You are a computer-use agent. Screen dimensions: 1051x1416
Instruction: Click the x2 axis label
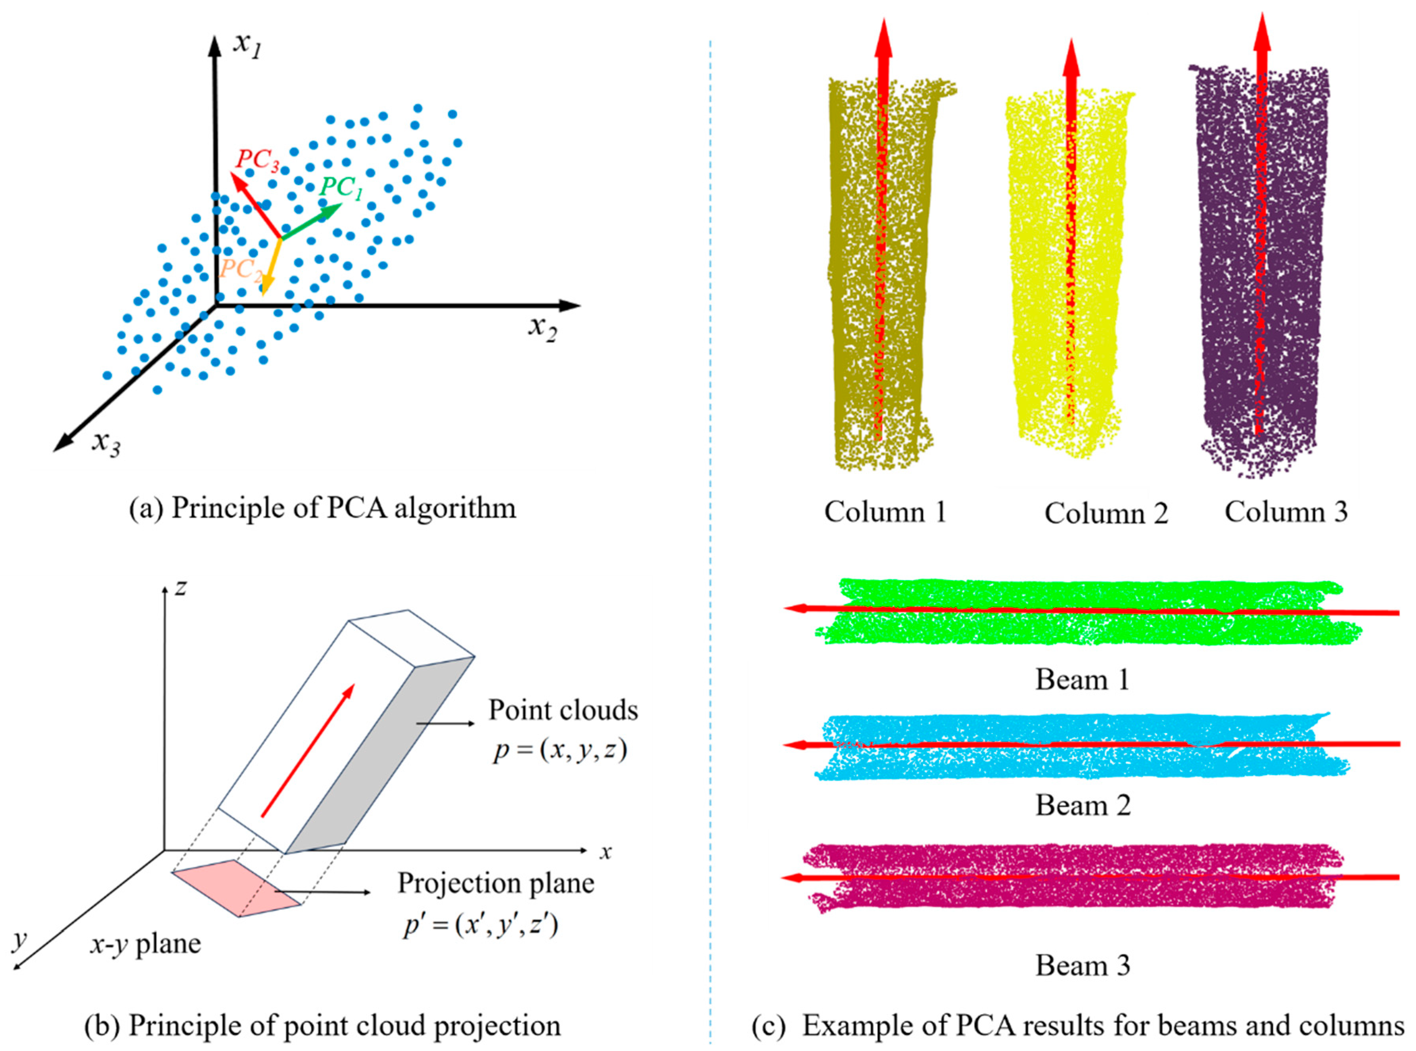point(542,328)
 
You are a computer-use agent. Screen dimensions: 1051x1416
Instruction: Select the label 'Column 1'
point(885,511)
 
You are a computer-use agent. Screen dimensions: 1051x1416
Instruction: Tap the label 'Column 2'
point(1106,513)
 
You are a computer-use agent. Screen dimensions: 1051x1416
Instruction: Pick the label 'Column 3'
point(1286,511)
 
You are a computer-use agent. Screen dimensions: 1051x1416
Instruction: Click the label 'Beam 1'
point(1082,680)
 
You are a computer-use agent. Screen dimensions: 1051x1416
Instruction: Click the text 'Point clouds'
point(563,710)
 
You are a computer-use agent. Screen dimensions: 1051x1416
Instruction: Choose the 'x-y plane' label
point(145,944)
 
